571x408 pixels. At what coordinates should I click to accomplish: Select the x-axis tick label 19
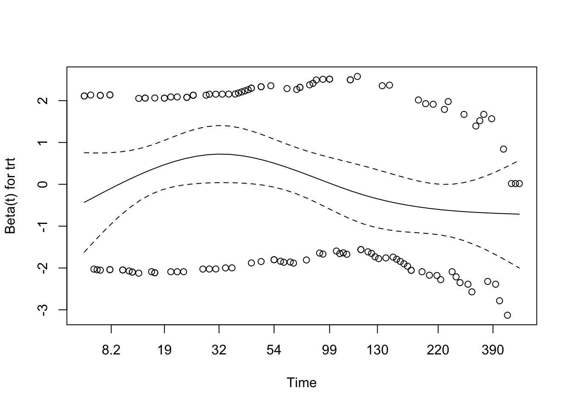click(x=164, y=350)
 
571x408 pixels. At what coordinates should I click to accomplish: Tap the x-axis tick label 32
click(x=219, y=350)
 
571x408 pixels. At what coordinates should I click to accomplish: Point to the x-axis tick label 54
click(x=274, y=350)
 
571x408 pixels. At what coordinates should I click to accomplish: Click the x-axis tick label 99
click(x=329, y=350)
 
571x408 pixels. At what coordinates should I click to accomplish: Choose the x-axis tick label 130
click(x=378, y=350)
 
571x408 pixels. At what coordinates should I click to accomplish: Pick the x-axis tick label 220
click(x=438, y=350)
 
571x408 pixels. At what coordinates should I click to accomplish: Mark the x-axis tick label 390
click(x=493, y=350)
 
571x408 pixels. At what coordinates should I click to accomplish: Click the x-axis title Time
click(x=302, y=383)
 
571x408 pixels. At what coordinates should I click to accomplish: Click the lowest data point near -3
click(x=507, y=315)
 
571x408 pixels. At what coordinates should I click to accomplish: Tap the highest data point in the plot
click(x=357, y=76)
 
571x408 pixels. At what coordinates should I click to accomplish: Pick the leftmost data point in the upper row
click(x=84, y=96)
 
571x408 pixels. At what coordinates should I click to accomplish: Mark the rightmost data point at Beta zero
click(x=519, y=184)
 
